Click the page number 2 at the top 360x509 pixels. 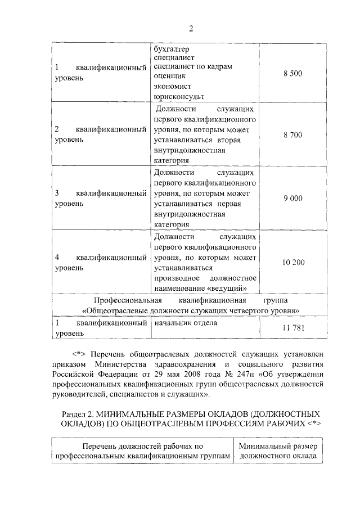(x=190, y=29)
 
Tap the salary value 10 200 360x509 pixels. (x=294, y=262)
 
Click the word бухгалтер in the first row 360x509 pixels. (x=171, y=49)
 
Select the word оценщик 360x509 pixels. (x=169, y=76)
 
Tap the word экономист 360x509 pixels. (x=172, y=87)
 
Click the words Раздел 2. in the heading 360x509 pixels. (x=77, y=413)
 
